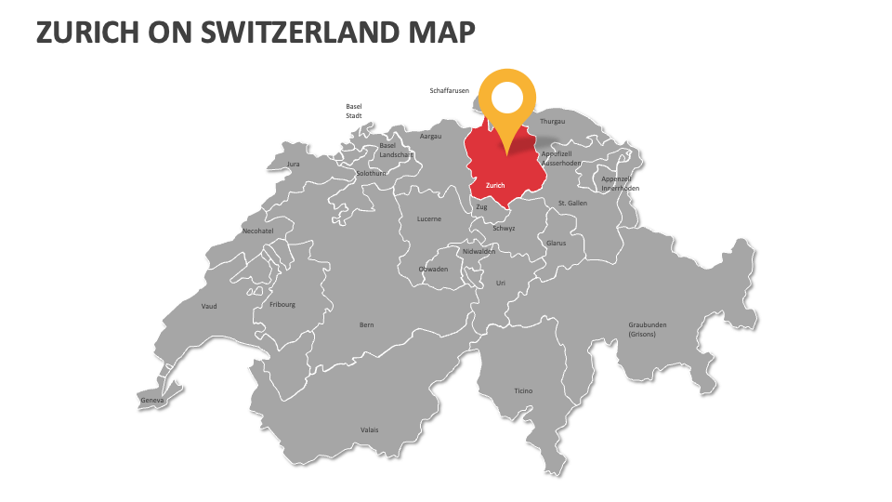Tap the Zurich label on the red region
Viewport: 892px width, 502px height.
pyautogui.click(x=495, y=185)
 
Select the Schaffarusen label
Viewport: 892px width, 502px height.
pyautogui.click(x=449, y=91)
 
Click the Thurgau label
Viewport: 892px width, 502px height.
pyautogui.click(x=552, y=122)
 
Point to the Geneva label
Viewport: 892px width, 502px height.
pyautogui.click(x=152, y=401)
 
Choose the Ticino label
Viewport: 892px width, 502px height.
pyautogui.click(x=523, y=390)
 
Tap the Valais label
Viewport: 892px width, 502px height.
pyautogui.click(x=370, y=429)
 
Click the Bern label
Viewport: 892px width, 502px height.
pyautogui.click(x=367, y=324)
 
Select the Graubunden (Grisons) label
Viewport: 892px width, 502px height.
pyautogui.click(x=648, y=329)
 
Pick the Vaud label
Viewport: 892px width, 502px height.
pyautogui.click(x=209, y=306)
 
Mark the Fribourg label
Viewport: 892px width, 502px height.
pyautogui.click(x=282, y=304)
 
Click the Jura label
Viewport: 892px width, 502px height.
pyautogui.click(x=294, y=164)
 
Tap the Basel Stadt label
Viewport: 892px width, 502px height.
pyautogui.click(x=354, y=111)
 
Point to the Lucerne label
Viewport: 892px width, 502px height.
pyautogui.click(x=429, y=218)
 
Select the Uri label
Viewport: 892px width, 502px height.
pyautogui.click(x=501, y=283)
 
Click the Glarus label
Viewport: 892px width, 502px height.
pyautogui.click(x=556, y=243)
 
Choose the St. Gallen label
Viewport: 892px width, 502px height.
pyautogui.click(x=572, y=203)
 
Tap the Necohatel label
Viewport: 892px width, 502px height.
pyautogui.click(x=257, y=231)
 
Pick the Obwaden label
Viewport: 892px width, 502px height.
pyautogui.click(x=434, y=270)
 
